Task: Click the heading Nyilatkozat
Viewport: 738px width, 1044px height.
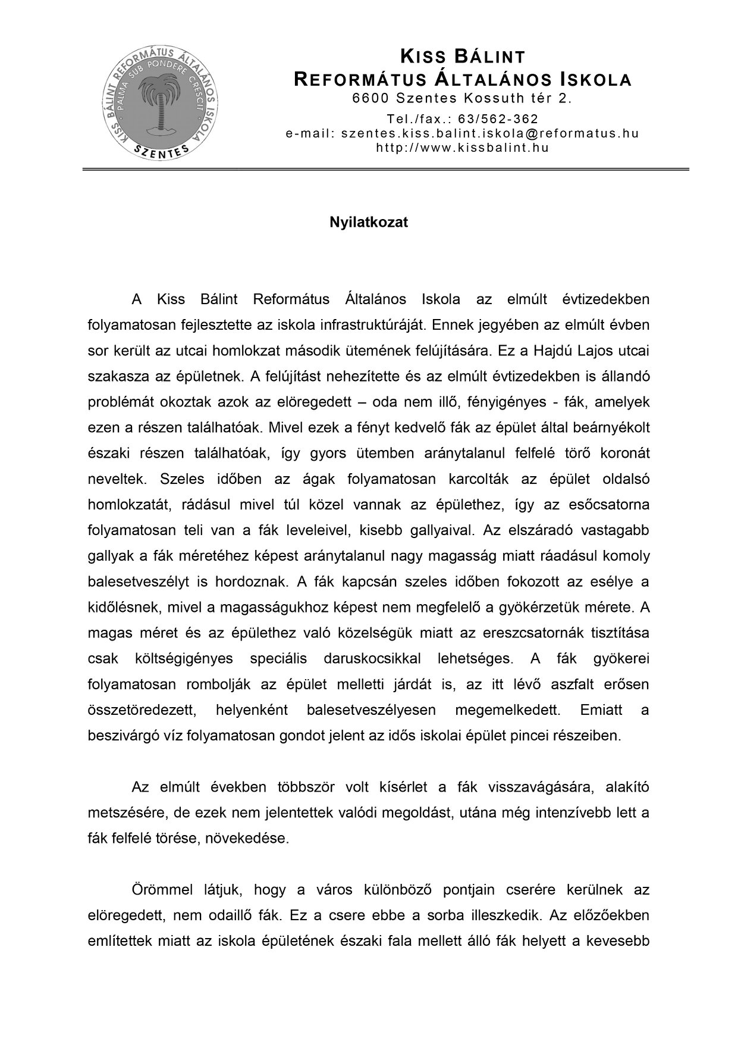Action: [369, 223]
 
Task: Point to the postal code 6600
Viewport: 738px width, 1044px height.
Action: [370, 98]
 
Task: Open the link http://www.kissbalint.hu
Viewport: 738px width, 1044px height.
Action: [462, 148]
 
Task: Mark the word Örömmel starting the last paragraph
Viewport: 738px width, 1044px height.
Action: [162, 890]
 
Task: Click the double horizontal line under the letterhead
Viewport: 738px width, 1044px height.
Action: [385, 170]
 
